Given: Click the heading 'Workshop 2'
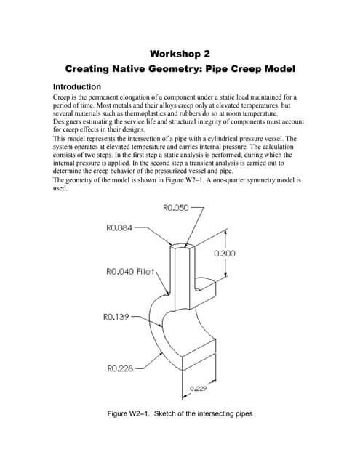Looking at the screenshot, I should (180, 54).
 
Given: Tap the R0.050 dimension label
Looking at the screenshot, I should (172, 208).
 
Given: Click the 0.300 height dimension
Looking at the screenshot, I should (225, 254).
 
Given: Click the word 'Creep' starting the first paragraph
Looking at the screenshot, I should (64, 97).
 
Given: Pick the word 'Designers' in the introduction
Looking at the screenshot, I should (71, 123).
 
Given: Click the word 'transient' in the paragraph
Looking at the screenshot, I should (194, 162).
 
